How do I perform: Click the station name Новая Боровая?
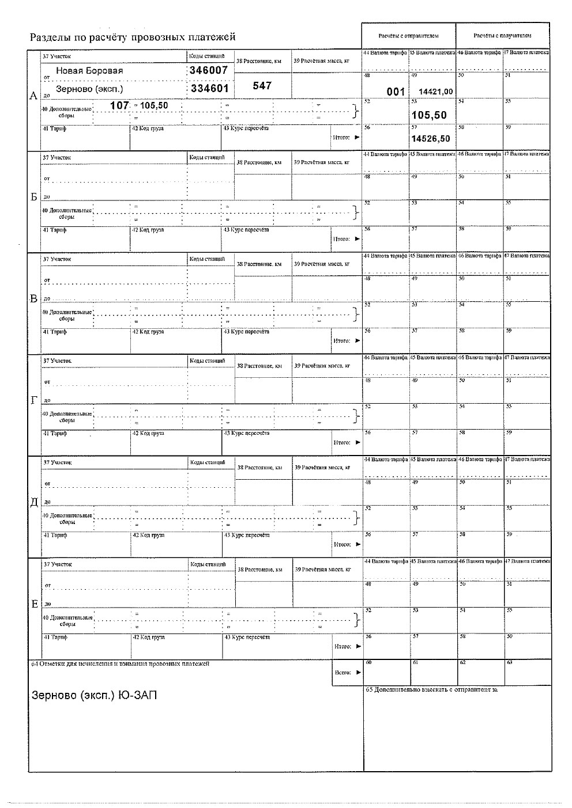click(x=89, y=70)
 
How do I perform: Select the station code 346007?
click(x=209, y=70)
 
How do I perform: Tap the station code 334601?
click(x=209, y=89)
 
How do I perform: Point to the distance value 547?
click(x=262, y=85)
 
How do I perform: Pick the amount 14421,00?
click(x=435, y=92)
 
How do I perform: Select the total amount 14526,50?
click(x=430, y=139)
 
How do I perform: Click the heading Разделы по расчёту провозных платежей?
click(x=133, y=37)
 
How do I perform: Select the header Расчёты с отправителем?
click(x=408, y=36)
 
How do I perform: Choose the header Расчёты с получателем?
click(x=502, y=36)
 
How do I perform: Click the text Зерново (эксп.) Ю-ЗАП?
click(x=93, y=696)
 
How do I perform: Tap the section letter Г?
click(x=34, y=400)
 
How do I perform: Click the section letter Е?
click(x=34, y=604)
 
